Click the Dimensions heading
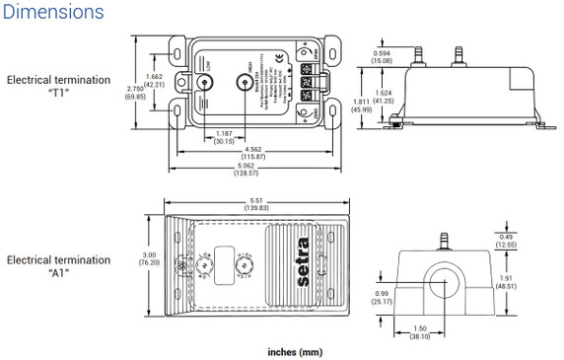click(53, 13)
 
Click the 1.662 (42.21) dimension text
click(151, 81)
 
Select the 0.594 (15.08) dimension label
click(381, 56)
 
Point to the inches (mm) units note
click(295, 351)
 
